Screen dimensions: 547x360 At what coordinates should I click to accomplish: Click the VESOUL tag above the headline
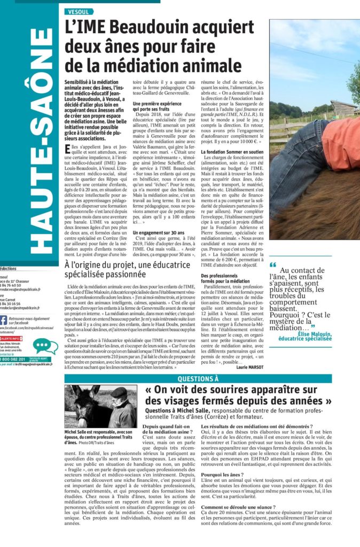[x=79, y=11]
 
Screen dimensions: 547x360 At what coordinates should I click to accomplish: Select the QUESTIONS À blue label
[x=198, y=379]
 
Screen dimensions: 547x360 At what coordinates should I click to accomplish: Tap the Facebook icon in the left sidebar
[x=3, y=320]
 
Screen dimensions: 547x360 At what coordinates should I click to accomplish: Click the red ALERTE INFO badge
[x=11, y=339]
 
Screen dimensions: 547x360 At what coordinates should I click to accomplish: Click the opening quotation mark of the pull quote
[x=273, y=265]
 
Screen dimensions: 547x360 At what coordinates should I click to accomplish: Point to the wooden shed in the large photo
[x=343, y=108]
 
